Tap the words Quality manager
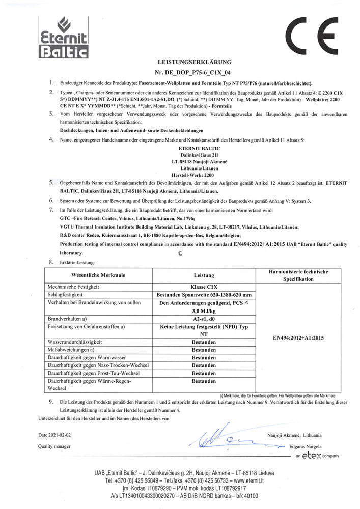pyautogui.click(x=54, y=446)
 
